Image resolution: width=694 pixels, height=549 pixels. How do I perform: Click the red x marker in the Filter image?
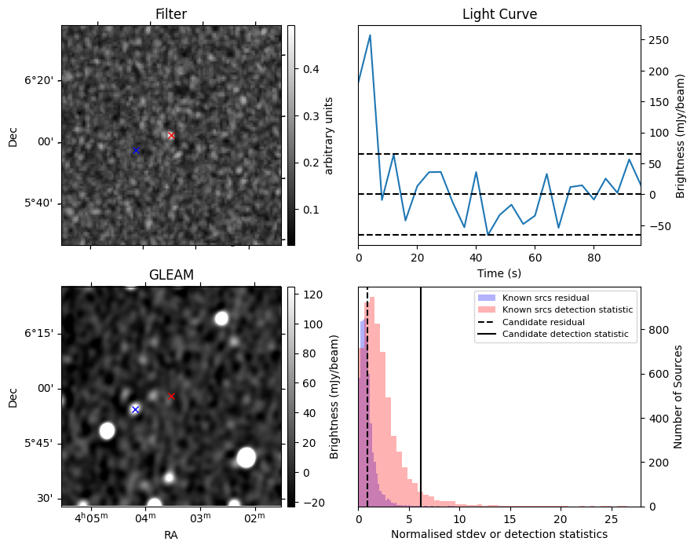tap(171, 136)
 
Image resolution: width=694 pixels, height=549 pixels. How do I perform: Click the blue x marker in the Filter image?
tap(136, 150)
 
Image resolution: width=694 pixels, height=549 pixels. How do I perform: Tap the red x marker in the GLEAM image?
tap(171, 397)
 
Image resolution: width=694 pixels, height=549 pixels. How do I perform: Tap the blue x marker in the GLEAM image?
tap(135, 409)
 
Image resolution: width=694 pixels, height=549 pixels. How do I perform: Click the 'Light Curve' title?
tap(499, 14)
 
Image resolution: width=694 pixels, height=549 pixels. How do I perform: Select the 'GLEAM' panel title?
tap(171, 274)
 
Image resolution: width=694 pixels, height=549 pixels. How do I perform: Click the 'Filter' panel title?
tap(171, 14)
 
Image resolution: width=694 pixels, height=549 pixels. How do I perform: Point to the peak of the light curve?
tap(370, 35)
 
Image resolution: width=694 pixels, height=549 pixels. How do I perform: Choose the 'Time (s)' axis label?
tap(499, 273)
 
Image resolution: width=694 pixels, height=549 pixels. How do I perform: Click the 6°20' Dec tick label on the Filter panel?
tap(38, 80)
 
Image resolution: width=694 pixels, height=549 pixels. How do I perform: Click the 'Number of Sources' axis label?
tap(678, 397)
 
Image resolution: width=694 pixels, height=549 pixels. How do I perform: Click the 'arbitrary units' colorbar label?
tap(329, 135)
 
